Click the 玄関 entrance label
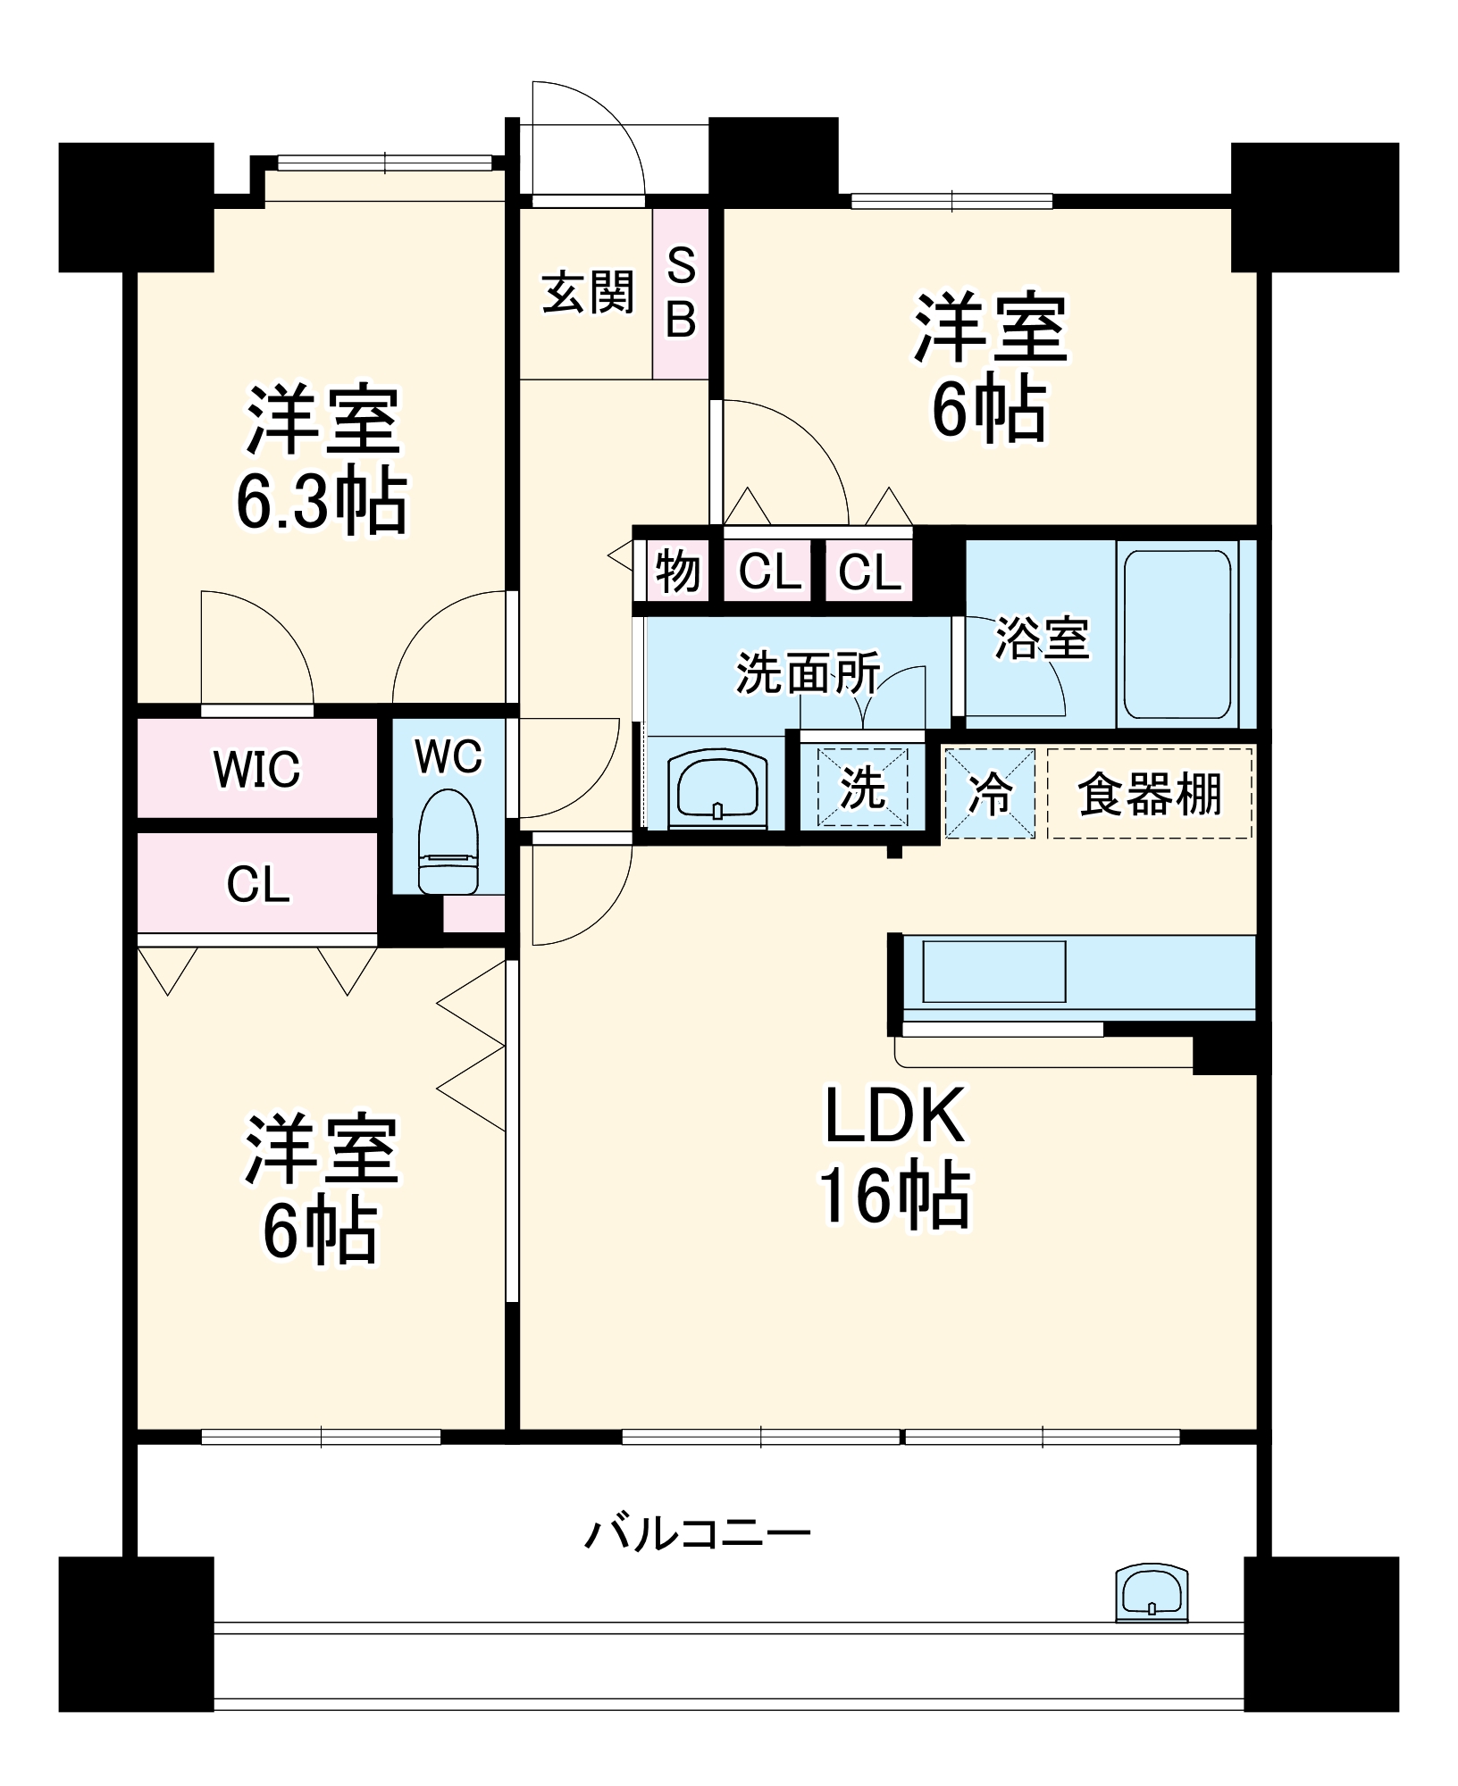[587, 293]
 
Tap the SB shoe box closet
[680, 293]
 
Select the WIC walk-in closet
[256, 769]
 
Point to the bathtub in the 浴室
[1177, 634]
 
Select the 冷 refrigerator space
[990, 793]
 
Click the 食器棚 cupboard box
[1149, 793]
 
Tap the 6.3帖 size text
[322, 502]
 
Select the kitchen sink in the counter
[993, 971]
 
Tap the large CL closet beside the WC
[257, 884]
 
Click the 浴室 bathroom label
[1042, 638]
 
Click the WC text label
[448, 757]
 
